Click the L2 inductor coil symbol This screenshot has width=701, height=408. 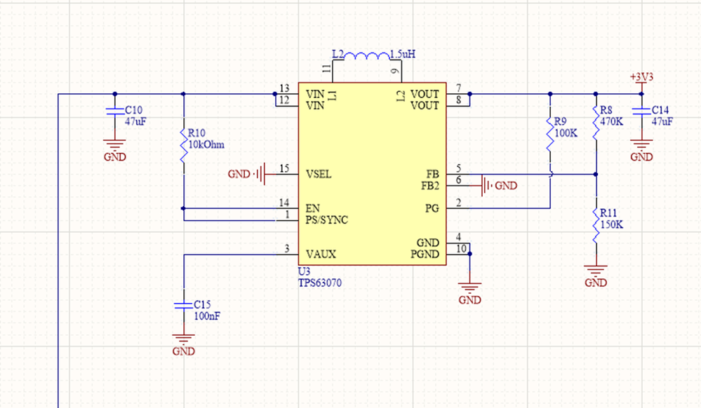[x=367, y=56]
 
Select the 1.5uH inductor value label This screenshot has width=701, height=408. [x=403, y=54]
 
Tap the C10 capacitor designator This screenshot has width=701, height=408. [x=133, y=110]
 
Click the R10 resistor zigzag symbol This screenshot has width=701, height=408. [x=183, y=145]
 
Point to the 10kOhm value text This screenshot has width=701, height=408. [x=206, y=145]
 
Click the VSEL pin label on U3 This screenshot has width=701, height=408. [x=319, y=175]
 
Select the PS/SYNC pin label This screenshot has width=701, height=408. [x=327, y=220]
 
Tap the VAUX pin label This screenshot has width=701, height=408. [x=321, y=254]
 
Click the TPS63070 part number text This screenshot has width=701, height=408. [x=320, y=283]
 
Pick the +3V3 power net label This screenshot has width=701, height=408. [x=641, y=77]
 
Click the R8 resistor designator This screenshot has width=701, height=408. [x=606, y=110]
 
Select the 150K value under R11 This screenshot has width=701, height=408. [x=611, y=224]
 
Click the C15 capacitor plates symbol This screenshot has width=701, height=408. [x=183, y=305]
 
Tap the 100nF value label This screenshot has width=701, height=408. [x=206, y=316]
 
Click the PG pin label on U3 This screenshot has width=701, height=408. [x=432, y=208]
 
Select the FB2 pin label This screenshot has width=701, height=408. [x=430, y=186]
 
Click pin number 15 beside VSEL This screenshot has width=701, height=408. [x=284, y=168]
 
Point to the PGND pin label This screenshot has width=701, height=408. [x=425, y=254]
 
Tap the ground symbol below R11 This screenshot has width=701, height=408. [x=596, y=270]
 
